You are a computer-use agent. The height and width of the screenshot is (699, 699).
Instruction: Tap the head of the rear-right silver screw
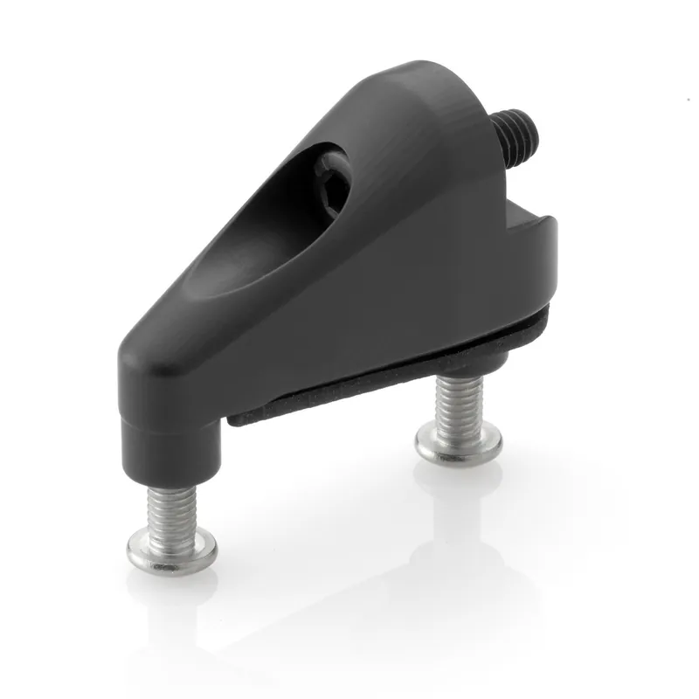[458, 443]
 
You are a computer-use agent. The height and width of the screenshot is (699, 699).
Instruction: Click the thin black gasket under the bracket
[367, 384]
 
